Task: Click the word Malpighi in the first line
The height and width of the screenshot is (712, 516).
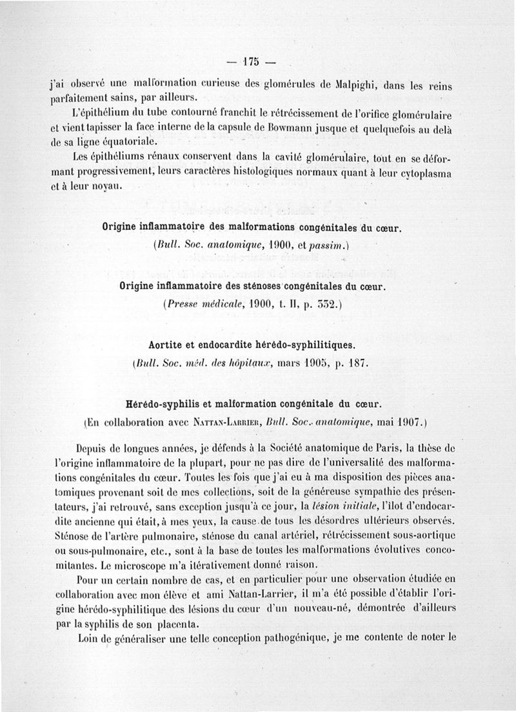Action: pyautogui.click(x=352, y=85)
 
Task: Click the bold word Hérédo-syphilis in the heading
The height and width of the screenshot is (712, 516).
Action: pyautogui.click(x=160, y=405)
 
